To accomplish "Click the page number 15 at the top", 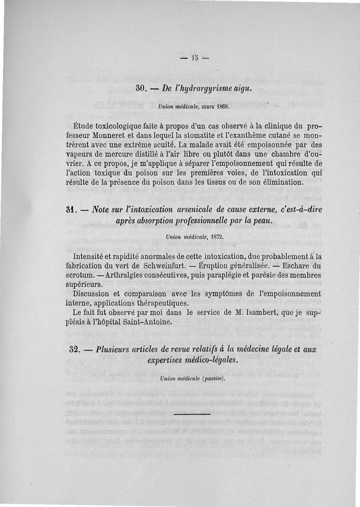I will (x=194, y=57).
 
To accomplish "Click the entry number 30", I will (x=142, y=88).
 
